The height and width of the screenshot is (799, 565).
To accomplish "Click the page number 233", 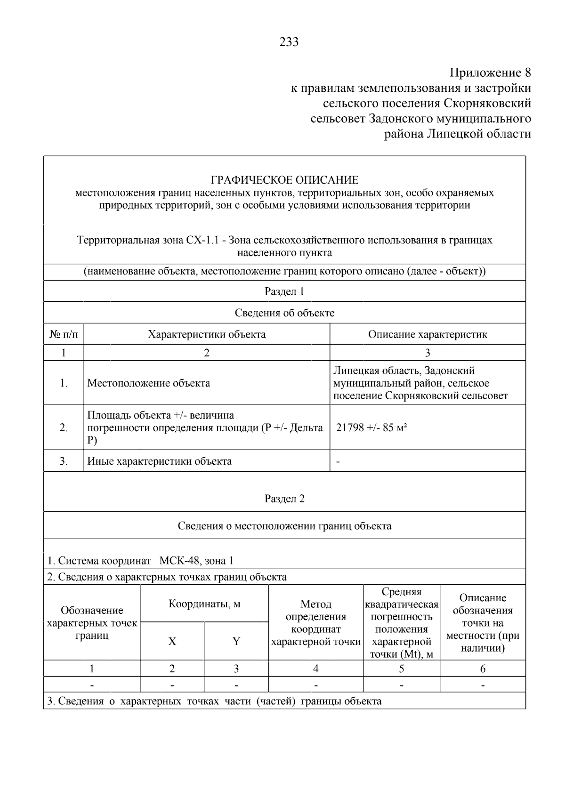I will click(x=289, y=42).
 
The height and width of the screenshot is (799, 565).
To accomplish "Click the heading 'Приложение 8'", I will click(x=490, y=73).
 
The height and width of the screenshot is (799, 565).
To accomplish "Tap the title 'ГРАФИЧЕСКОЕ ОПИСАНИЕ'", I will click(x=284, y=180).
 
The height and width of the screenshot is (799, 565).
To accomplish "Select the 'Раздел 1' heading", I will click(x=284, y=291).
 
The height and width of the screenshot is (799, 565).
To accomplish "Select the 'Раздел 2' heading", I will click(x=284, y=499).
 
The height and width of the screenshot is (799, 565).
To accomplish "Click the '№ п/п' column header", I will click(x=64, y=334).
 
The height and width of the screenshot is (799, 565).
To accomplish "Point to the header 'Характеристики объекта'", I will click(x=207, y=334).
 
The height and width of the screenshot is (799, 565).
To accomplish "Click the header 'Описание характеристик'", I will click(x=428, y=334).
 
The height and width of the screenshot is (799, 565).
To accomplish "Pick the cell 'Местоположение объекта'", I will click(x=149, y=383).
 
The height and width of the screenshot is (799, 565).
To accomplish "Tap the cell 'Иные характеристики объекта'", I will click(x=160, y=461).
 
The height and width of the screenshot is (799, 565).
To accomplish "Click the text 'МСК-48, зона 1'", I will click(x=196, y=561).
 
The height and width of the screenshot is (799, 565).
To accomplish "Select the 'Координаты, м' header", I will click(x=204, y=604).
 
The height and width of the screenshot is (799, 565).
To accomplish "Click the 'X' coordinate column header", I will click(x=172, y=641).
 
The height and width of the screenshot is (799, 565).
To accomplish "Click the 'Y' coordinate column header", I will click(x=236, y=641).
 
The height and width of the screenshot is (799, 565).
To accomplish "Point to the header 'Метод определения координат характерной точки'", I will click(x=316, y=622).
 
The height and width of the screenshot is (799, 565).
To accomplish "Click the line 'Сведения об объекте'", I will click(x=284, y=313).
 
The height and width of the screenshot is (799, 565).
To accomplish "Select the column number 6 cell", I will click(x=483, y=669).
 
